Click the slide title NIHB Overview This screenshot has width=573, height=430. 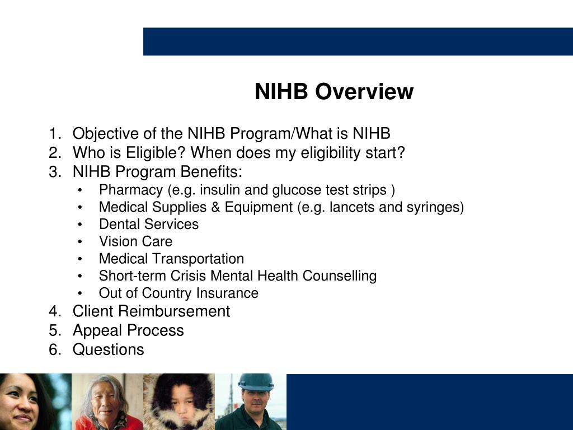click(x=334, y=91)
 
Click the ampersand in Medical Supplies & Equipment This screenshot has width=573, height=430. click(x=216, y=207)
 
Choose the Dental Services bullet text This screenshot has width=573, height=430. click(x=148, y=225)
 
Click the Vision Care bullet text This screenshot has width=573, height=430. click(x=135, y=241)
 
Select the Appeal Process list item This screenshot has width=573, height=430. click(x=128, y=330)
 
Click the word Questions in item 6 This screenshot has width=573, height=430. click(x=108, y=349)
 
